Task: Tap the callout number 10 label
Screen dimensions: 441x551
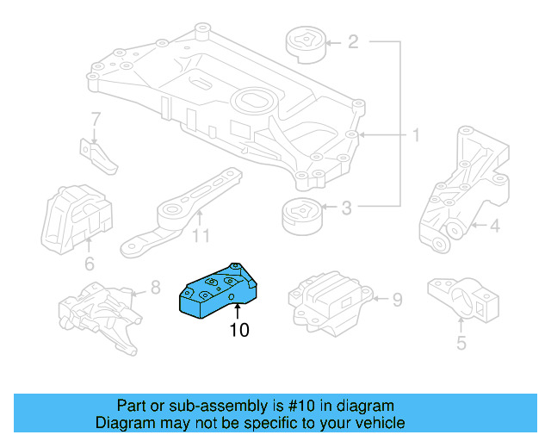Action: tap(238, 330)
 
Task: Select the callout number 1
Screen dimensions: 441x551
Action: tap(415, 135)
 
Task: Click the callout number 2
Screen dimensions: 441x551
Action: tap(353, 41)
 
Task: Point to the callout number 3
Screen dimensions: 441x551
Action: tap(347, 208)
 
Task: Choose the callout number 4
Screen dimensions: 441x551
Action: tap(495, 227)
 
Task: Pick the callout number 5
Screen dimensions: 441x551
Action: tap(461, 345)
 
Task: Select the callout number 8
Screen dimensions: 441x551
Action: tap(155, 287)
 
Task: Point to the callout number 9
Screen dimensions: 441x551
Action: tap(397, 300)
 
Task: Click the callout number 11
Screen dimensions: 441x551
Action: tap(201, 235)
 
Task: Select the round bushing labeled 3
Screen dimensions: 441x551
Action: tap(300, 214)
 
